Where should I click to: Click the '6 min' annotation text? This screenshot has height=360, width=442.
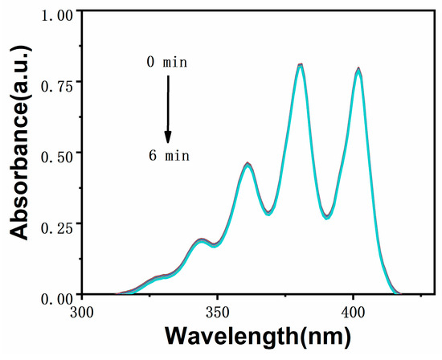click(167, 154)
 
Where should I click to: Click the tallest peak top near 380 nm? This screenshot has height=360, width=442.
click(300, 65)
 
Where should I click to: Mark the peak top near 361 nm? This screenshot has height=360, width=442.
click(248, 165)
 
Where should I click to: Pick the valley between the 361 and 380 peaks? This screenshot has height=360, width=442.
click(269, 213)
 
